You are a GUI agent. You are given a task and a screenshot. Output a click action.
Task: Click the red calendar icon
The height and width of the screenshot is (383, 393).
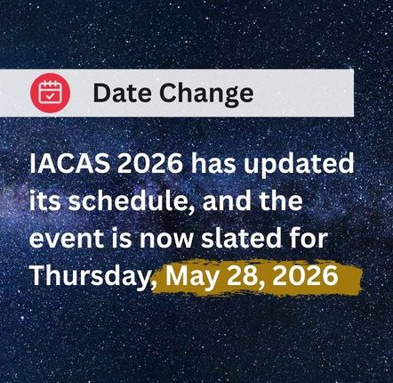click(50, 93)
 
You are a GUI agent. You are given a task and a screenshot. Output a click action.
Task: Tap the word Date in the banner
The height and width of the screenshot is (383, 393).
click(121, 94)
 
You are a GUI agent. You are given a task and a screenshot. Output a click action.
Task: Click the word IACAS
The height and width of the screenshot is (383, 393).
click(67, 166)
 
